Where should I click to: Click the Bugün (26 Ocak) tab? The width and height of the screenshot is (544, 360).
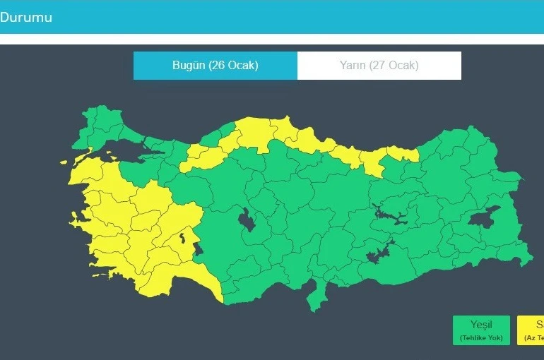click(215, 66)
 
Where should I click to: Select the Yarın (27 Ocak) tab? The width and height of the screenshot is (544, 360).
click(379, 66)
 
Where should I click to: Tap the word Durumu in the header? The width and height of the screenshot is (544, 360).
click(26, 17)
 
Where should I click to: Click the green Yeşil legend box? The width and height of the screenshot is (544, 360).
click(481, 330)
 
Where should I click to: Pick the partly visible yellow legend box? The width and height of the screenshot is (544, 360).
click(531, 330)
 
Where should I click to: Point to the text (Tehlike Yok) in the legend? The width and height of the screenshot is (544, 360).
click(481, 338)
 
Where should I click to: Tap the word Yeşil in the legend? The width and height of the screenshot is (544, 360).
click(481, 325)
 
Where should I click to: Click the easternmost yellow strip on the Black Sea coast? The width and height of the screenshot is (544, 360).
click(403, 152)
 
